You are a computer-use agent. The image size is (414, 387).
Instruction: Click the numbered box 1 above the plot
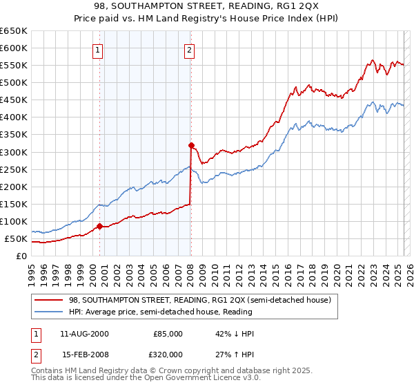pyautogui.click(x=99, y=49)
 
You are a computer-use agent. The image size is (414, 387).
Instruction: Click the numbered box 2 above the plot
pyautogui.click(x=189, y=49)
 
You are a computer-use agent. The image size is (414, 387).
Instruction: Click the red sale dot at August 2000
pyautogui.click(x=99, y=226)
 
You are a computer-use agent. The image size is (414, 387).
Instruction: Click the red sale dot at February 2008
pyautogui.click(x=191, y=145)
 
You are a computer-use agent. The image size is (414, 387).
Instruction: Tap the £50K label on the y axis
pyautogui.click(x=16, y=238)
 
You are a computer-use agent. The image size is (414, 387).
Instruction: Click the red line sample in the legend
pyautogui.click(x=49, y=300)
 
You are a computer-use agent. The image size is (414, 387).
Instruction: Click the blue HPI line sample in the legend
pyautogui.click(x=49, y=311)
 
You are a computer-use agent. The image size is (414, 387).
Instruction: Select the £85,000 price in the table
pyautogui.click(x=168, y=333)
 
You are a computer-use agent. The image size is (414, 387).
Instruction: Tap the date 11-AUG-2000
pyautogui.click(x=83, y=333)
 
